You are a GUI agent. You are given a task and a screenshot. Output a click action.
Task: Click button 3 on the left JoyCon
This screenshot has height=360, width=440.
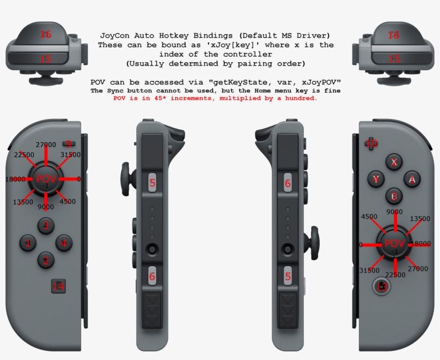(x=46, y=225)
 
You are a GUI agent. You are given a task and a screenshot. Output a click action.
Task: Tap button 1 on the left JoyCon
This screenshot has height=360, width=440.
(x=28, y=244)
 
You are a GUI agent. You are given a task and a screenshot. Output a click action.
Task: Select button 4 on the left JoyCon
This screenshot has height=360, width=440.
(x=63, y=244)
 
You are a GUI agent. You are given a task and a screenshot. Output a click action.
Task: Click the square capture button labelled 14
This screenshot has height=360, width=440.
(x=58, y=286)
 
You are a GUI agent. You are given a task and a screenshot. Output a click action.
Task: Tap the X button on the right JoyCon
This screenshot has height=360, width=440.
(x=394, y=161)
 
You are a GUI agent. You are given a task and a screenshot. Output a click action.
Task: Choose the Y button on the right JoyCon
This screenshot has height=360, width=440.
(x=377, y=179)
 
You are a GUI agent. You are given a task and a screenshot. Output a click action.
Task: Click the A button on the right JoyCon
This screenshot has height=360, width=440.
(x=412, y=179)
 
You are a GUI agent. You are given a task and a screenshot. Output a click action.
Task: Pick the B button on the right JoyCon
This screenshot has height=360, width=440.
(x=394, y=197)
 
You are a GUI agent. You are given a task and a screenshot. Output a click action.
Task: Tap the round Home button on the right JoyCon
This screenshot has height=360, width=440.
(x=382, y=286)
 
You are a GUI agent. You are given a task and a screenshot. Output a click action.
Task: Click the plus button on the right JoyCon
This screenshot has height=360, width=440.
(x=371, y=143)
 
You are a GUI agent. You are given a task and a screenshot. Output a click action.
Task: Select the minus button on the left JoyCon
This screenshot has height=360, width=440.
(x=68, y=143)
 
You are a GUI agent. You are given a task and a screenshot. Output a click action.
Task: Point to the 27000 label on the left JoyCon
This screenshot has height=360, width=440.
(x=46, y=145)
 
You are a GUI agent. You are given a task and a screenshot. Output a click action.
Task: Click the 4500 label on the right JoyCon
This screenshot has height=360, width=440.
(x=369, y=217)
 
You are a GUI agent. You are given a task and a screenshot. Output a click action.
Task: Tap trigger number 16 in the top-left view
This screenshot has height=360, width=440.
(x=46, y=34)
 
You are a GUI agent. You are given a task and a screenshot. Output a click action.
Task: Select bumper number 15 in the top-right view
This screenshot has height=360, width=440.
(x=394, y=58)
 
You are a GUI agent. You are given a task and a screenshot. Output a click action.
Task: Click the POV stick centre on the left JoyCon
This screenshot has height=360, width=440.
(x=46, y=179)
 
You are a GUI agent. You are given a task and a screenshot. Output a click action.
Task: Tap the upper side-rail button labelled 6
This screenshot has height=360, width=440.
(x=288, y=183)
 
